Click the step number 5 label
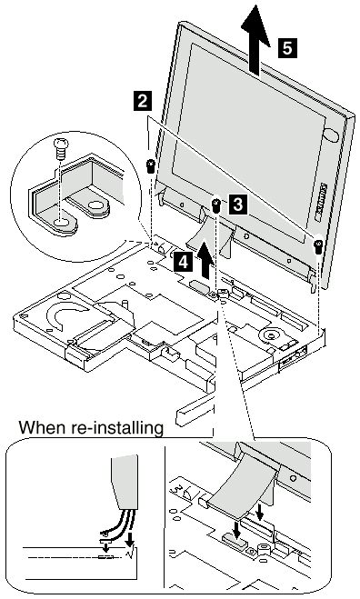[x=287, y=48]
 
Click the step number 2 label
[x=142, y=101]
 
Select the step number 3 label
[x=237, y=204]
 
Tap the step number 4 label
[x=183, y=263]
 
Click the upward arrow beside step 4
[x=205, y=258]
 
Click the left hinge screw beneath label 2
[x=151, y=166]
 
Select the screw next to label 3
[x=216, y=205]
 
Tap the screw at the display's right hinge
[x=317, y=245]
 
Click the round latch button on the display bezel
[x=331, y=135]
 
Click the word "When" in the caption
[x=43, y=427]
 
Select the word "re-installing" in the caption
[x=116, y=428]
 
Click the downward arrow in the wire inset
[x=130, y=540]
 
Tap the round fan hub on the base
[x=271, y=335]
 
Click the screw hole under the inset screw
[x=60, y=223]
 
